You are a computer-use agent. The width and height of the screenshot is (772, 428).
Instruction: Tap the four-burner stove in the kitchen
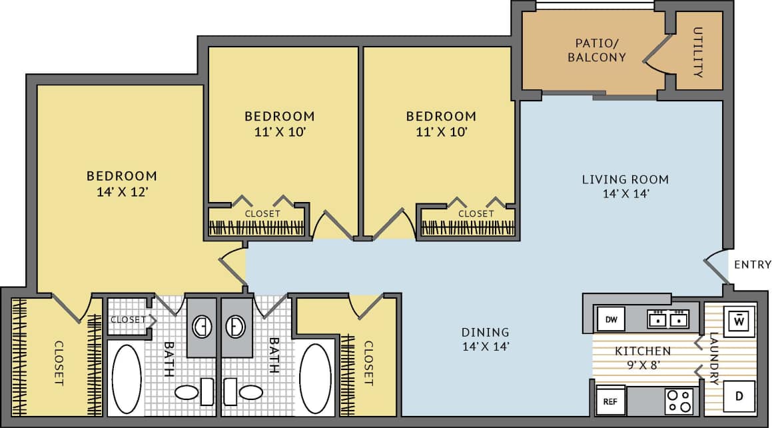pos(679,401)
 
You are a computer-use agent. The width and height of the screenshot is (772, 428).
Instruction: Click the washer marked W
pos(739,321)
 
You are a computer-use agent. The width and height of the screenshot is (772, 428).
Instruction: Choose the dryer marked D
pos(739,397)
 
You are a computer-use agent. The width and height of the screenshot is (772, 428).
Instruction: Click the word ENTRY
pos(752,265)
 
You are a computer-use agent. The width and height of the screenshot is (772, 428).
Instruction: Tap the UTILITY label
pos(698,52)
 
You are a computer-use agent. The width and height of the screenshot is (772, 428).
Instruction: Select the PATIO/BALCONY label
pos(596,50)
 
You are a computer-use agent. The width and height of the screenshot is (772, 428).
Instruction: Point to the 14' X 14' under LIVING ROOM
pos(625,194)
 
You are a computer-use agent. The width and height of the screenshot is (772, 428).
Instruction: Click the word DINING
pos(485,332)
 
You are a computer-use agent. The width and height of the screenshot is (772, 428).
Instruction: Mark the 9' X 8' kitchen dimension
pos(642,365)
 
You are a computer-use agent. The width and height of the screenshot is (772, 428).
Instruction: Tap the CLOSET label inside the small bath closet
pos(128,319)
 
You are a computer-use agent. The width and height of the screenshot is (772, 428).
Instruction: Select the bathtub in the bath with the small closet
pos(125,378)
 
